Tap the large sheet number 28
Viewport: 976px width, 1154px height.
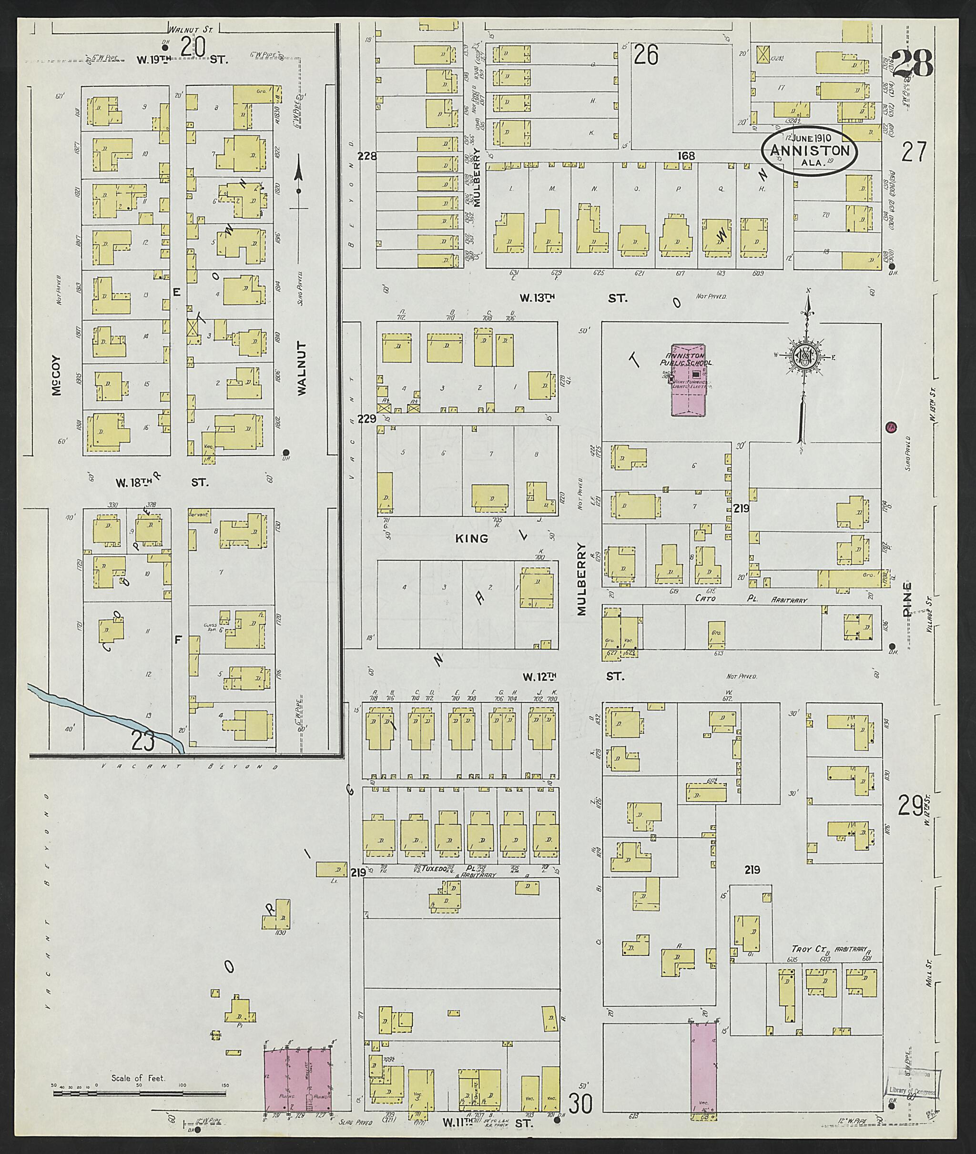pos(913,65)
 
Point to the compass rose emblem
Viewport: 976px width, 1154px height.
pos(807,357)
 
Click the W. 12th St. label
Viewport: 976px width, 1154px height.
pos(572,676)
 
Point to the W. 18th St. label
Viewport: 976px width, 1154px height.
pos(161,482)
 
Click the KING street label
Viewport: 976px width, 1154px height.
pos(471,538)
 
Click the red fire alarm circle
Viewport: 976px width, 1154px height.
pos(891,426)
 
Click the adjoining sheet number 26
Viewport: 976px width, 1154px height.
pos(646,55)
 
